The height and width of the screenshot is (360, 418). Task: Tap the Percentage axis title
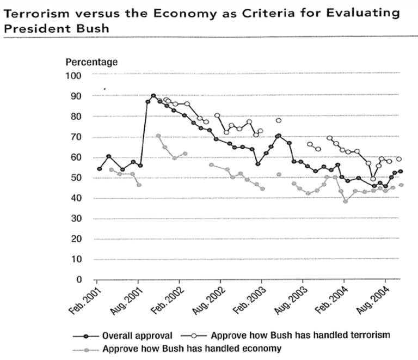point(91,62)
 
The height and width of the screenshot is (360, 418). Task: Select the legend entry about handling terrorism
point(300,335)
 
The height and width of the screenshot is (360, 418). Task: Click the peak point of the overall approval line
point(153,96)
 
